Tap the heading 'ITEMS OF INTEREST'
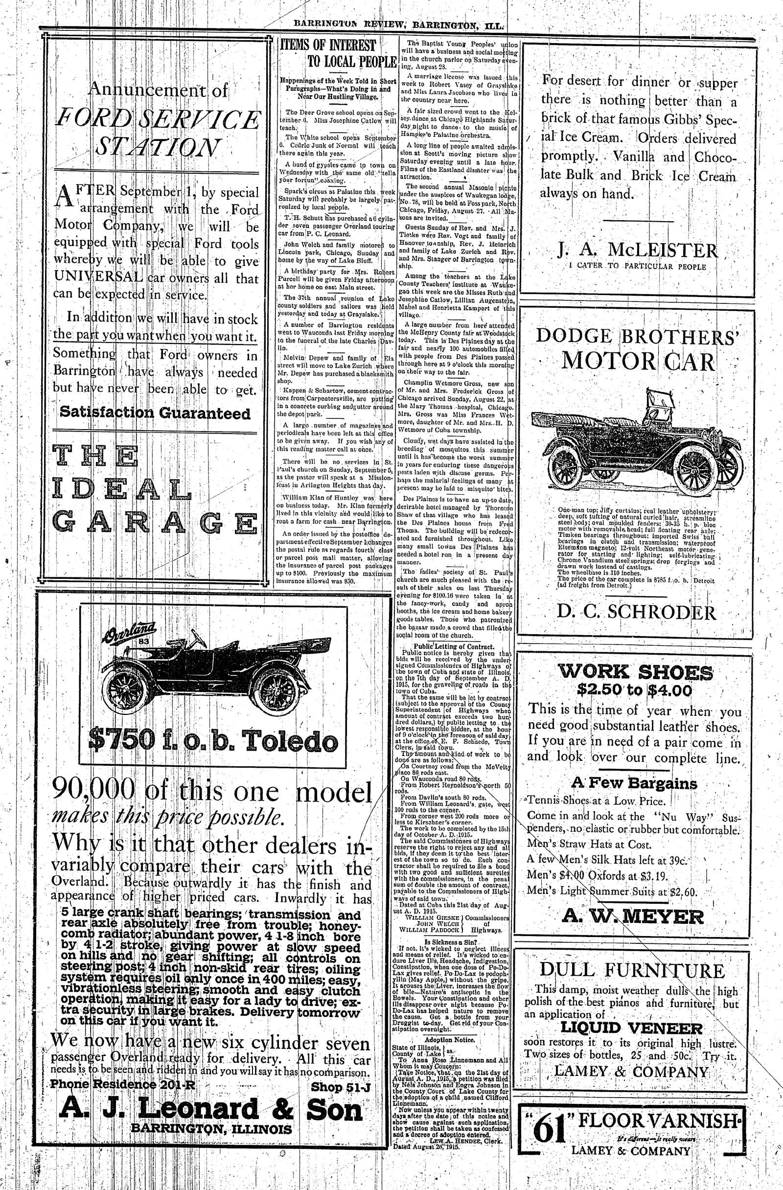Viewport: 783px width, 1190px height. pos(328,46)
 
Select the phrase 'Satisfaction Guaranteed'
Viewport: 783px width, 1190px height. pos(155,413)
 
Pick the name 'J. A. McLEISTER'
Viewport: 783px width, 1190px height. pos(638,249)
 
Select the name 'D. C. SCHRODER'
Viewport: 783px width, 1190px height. pos(637,613)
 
